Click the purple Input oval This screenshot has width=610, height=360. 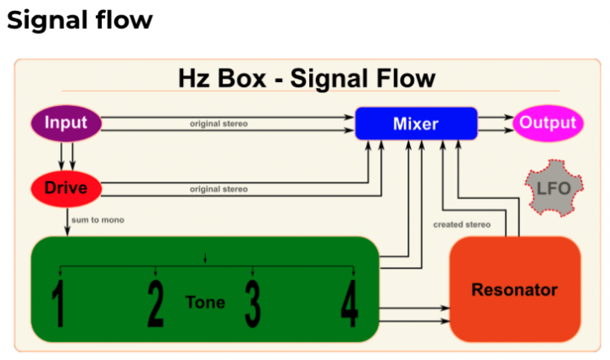pyautogui.click(x=66, y=123)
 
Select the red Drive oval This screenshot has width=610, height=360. pyautogui.click(x=66, y=189)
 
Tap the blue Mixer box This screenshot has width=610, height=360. pyautogui.click(x=416, y=124)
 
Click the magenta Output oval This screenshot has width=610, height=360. pyautogui.click(x=548, y=123)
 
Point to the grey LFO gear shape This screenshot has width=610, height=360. pyautogui.click(x=553, y=188)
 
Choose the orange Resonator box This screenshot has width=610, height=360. pyautogui.click(x=515, y=289)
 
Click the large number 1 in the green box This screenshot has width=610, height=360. pyautogui.click(x=58, y=303)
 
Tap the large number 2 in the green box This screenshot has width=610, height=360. pyautogui.click(x=156, y=303)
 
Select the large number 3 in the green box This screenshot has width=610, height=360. pyautogui.click(x=252, y=303)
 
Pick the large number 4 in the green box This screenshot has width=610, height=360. pyautogui.click(x=349, y=303)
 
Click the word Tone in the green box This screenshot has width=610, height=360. pyautogui.click(x=205, y=302)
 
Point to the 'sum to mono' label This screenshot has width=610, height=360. pyautogui.click(x=97, y=220)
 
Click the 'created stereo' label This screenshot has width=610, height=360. pyautogui.click(x=462, y=224)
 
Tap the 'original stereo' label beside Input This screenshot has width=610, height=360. pyautogui.click(x=219, y=124)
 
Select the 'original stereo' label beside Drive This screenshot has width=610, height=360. pyautogui.click(x=219, y=190)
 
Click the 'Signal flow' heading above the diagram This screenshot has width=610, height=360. pyautogui.click(x=80, y=20)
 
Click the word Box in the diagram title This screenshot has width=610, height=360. pyautogui.click(x=241, y=79)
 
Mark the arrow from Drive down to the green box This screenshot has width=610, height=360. pyautogui.click(x=67, y=222)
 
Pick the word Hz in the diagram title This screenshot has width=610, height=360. pyautogui.click(x=194, y=79)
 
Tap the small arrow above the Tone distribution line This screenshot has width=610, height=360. pyautogui.click(x=205, y=258)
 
